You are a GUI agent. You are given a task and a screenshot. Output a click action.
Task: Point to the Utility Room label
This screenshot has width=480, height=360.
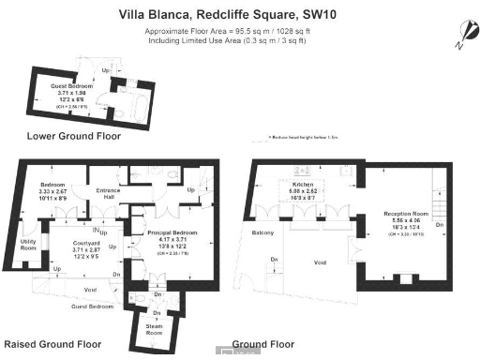coord(29,246)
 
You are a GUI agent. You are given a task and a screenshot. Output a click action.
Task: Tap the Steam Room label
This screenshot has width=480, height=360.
coord(153,329)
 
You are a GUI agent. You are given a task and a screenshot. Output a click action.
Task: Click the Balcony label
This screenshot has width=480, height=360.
coord(262,231)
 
